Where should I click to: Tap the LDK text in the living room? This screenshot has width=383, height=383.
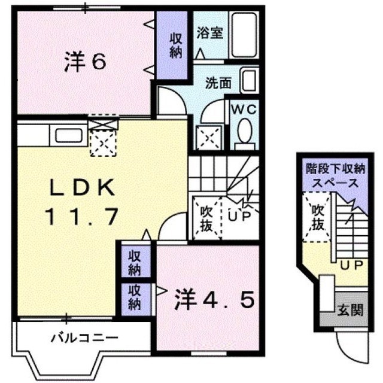(x=83, y=187)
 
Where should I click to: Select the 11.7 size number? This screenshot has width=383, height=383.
(x=81, y=217)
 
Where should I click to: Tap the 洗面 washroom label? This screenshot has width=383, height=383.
(x=218, y=83)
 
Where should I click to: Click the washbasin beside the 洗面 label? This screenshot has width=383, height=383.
(x=249, y=81)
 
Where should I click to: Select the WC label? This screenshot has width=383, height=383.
(x=244, y=110)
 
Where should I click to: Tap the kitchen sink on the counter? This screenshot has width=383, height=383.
(x=69, y=135)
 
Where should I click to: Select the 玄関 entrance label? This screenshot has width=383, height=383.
(x=350, y=310)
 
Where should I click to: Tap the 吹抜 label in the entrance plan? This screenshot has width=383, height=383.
(x=318, y=217)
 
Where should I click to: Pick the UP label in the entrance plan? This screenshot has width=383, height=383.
(x=352, y=265)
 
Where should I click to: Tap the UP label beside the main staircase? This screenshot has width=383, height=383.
(x=239, y=215)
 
